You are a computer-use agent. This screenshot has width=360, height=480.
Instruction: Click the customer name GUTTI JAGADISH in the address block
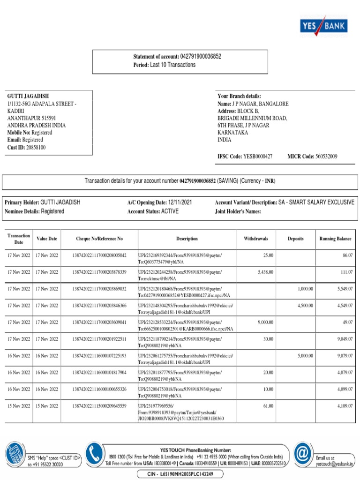[x=28, y=96]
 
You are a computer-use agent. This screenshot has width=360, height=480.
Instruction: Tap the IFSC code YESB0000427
[x=257, y=157]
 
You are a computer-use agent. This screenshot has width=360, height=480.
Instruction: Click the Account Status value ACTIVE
[x=170, y=211]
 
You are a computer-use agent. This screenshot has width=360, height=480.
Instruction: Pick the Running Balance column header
[x=335, y=239]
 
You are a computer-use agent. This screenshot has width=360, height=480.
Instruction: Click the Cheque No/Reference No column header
[x=99, y=239]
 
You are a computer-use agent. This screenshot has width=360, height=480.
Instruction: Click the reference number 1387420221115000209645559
[x=99, y=406]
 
